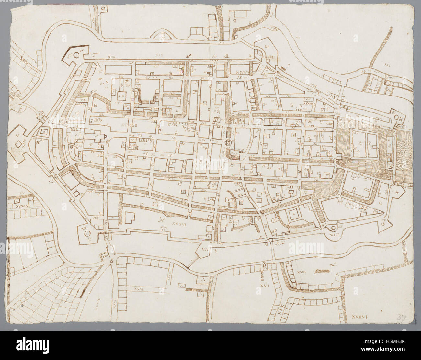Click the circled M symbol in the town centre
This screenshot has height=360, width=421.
pos(228,142)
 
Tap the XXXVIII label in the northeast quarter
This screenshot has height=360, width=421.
pos(305,104)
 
